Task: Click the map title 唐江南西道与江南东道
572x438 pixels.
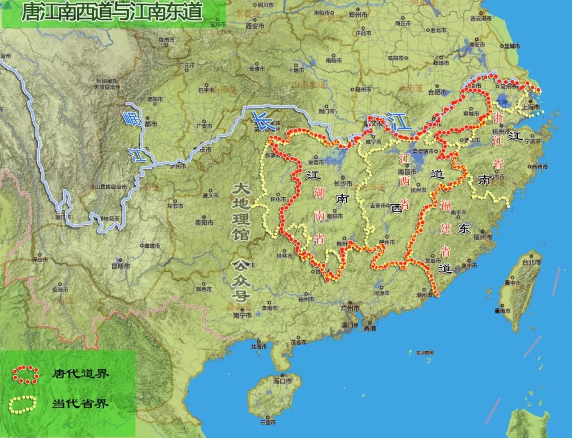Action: coord(112,13)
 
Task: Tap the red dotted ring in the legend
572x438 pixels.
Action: coord(25,373)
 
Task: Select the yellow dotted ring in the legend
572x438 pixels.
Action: coord(23,404)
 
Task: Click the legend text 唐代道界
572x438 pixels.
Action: coord(81,374)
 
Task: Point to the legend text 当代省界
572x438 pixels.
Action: coord(81,404)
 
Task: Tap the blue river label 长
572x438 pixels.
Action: coord(261,121)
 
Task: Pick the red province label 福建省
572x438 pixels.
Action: coord(445,227)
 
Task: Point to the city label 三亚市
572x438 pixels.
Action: coord(268,422)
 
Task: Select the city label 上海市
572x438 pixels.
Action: coord(531,107)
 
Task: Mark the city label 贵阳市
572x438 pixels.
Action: coord(202,223)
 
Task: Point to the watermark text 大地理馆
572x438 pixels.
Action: coord(242,212)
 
